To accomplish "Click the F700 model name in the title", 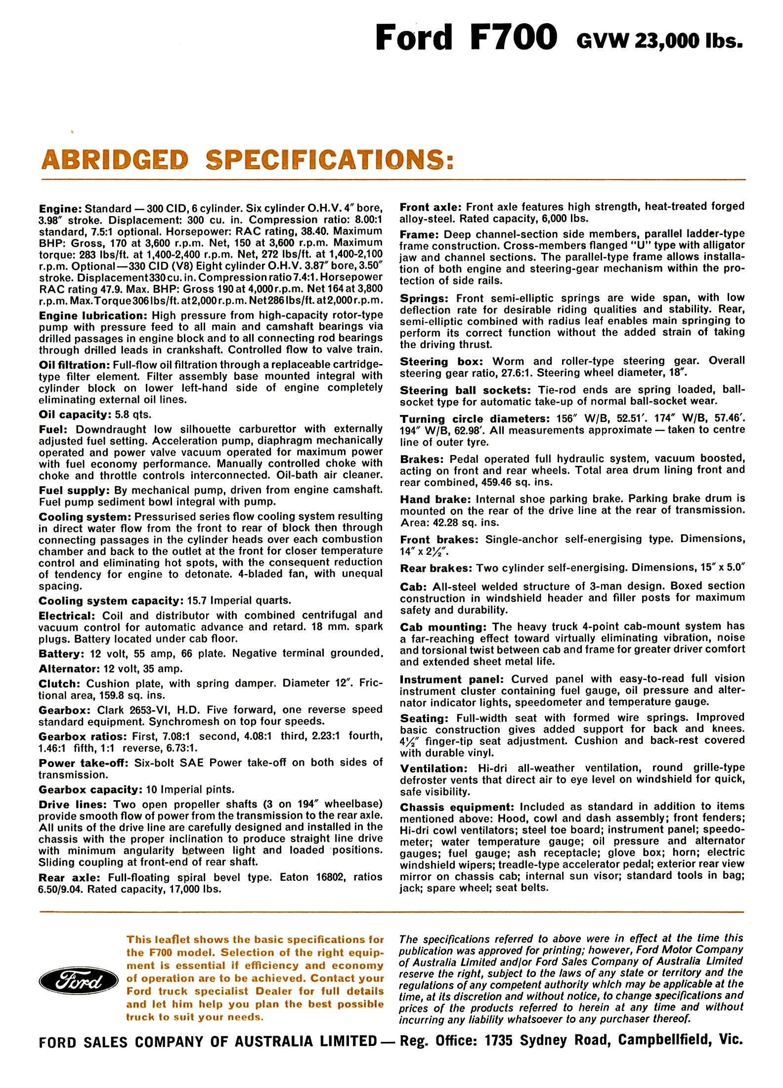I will click(x=514, y=38).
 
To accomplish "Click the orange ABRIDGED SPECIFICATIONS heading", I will click(x=247, y=160).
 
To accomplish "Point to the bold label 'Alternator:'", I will click(x=68, y=669).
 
